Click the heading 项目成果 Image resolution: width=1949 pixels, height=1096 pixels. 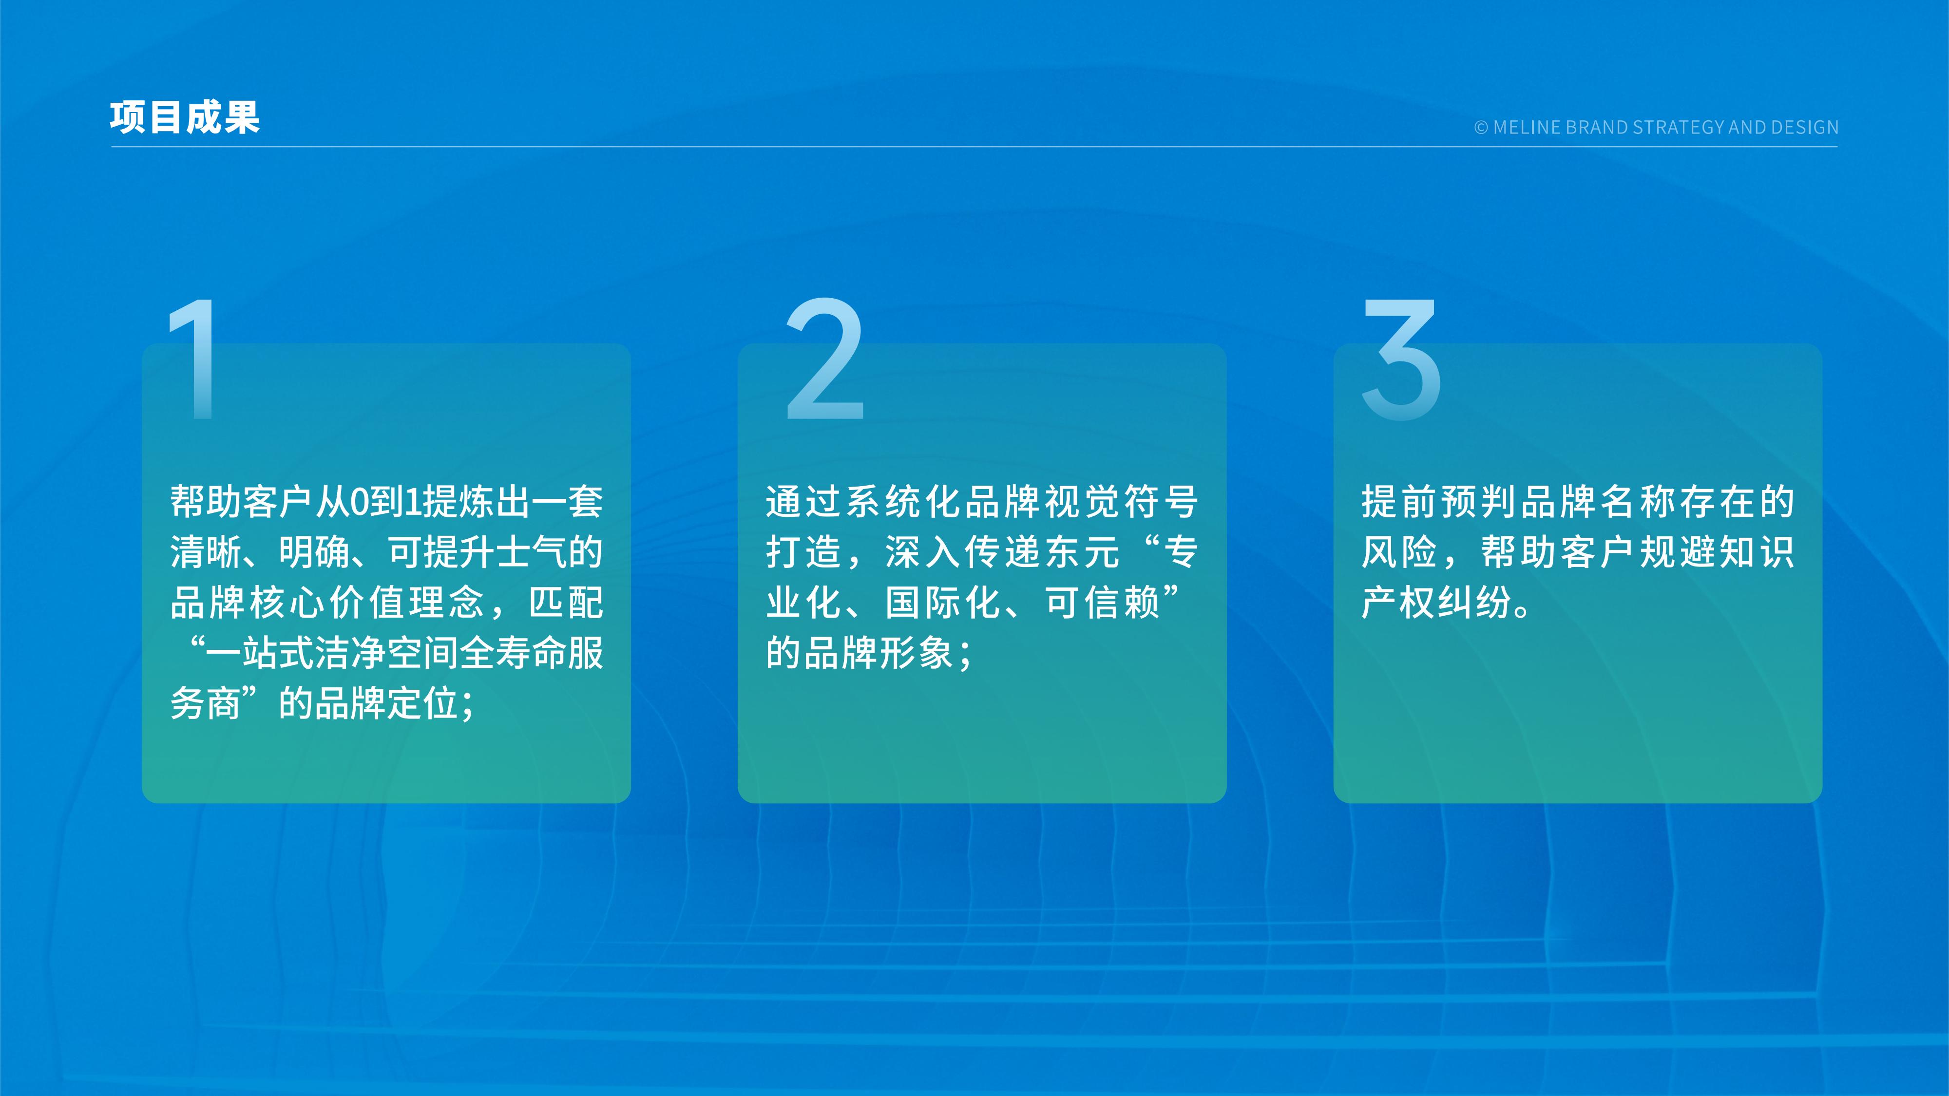[185, 118]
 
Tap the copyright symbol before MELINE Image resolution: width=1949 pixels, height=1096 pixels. [1481, 127]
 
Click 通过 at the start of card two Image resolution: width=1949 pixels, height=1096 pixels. [803, 502]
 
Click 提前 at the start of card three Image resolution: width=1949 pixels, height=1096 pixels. [1399, 502]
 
